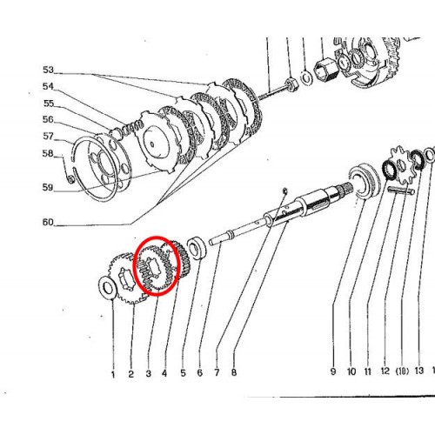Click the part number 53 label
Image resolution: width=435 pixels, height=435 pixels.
coord(49,70)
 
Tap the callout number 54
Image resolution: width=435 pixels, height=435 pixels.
coord(49,86)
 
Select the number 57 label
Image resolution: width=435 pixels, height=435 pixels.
coord(49,137)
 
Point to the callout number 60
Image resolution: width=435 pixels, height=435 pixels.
coord(48,223)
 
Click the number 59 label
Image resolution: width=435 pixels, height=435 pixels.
coord(48,188)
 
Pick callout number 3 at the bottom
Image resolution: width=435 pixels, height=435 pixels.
coord(149,373)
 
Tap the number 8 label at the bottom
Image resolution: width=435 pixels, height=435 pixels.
coord(234,372)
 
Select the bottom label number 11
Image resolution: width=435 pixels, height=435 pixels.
coord(368,371)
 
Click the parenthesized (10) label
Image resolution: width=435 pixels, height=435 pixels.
coord(402,371)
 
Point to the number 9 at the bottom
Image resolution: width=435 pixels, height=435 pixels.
coord(333,371)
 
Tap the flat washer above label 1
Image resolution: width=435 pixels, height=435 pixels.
coord(108,287)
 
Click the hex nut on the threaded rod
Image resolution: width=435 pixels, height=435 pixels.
coord(291,84)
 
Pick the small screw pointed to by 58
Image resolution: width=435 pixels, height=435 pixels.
coord(70,179)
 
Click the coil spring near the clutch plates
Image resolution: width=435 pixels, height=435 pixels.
coord(133,128)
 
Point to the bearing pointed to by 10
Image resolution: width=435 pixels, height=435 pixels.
coord(364,182)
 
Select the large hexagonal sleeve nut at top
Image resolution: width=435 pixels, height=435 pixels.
coord(325,70)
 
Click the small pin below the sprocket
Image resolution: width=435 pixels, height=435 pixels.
coord(401,191)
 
